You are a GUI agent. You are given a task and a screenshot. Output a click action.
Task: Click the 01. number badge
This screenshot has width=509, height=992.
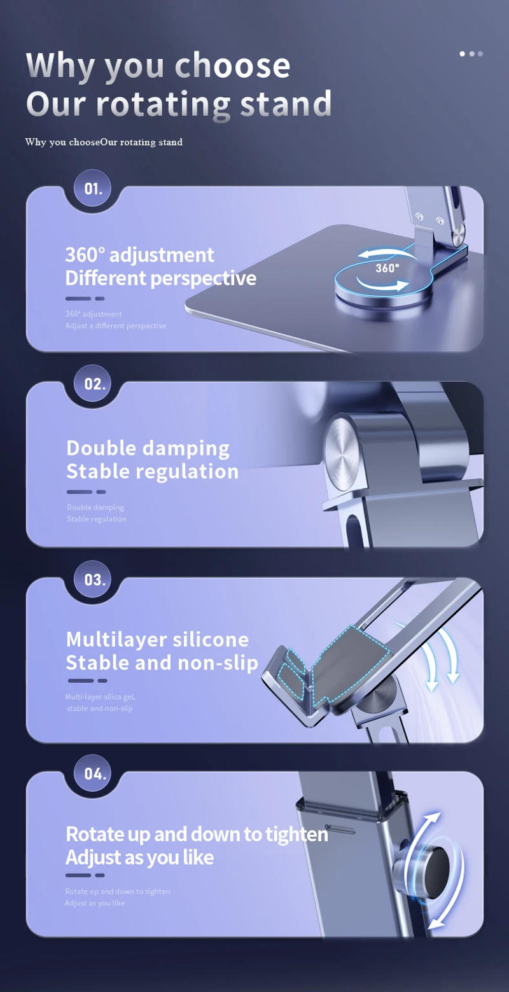pos(93,189)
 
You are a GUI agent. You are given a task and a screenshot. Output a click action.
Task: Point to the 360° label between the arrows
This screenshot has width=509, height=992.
pos(387,268)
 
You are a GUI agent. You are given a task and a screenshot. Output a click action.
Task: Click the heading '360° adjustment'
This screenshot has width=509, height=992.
pos(139,255)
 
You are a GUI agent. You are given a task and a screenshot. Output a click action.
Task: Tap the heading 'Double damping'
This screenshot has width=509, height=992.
pos(148,448)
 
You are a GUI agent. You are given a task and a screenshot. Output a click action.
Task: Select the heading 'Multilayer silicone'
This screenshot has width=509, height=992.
pos(157,639)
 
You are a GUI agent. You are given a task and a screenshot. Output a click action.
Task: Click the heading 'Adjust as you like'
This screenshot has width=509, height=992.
pos(139,857)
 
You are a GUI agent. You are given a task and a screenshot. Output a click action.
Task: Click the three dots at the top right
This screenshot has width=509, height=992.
pos(471,54)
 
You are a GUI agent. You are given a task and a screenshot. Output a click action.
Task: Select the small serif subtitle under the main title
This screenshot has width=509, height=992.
pos(104,142)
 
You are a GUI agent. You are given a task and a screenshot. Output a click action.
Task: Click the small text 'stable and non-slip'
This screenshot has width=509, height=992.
pos(99,708)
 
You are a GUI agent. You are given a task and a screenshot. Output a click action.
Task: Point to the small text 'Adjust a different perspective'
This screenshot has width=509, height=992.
pos(115,326)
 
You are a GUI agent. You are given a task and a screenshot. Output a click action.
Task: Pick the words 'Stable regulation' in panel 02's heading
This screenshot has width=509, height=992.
pos(152,472)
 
